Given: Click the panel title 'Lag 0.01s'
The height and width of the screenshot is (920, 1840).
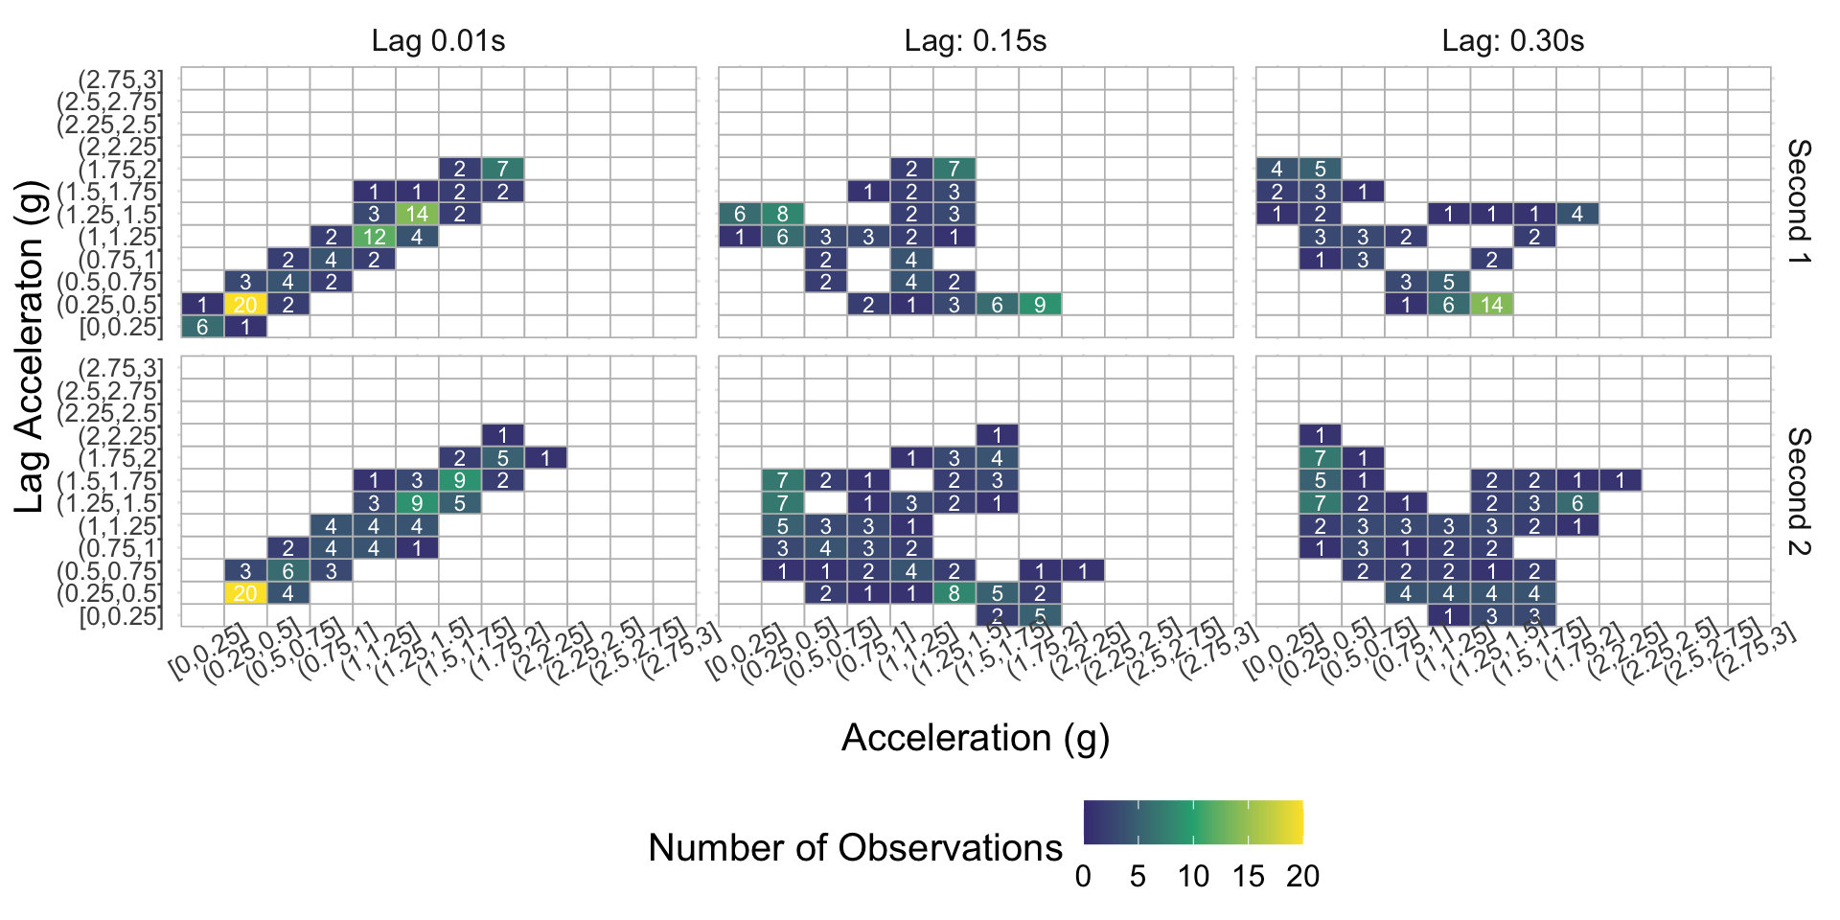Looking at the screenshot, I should (438, 41).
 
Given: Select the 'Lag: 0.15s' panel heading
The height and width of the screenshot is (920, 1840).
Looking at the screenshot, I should (976, 41).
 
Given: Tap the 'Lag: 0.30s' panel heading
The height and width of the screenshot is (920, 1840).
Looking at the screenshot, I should (1513, 41).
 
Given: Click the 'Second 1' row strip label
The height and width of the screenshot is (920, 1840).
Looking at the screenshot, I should (1799, 202).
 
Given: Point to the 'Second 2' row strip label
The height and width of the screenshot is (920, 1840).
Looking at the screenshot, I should (1799, 492).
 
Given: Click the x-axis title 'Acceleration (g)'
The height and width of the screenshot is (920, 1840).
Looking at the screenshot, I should (976, 738).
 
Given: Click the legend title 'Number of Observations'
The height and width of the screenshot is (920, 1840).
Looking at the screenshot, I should (855, 848).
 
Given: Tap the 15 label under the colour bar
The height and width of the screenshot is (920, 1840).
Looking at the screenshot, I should (1248, 876).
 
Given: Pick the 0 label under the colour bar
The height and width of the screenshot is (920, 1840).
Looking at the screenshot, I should (1083, 876).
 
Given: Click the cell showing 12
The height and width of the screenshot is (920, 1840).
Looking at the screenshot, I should (374, 236).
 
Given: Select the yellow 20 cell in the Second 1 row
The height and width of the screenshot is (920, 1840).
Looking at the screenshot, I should (245, 304).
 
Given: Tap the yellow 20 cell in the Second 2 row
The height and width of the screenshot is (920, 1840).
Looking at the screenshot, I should (245, 593).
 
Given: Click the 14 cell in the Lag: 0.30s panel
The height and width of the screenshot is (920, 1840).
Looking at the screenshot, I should (1492, 304).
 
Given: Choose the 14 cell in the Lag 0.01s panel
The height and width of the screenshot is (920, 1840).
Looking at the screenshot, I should (417, 214).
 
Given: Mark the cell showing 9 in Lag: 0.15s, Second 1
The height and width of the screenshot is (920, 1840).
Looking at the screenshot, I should (1040, 304).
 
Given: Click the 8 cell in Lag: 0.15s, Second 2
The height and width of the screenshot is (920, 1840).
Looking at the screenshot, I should (954, 593).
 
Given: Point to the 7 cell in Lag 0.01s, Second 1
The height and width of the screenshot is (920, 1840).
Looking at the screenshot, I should (502, 169).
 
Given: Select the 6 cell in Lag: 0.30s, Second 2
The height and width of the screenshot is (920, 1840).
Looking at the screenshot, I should (1577, 503).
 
